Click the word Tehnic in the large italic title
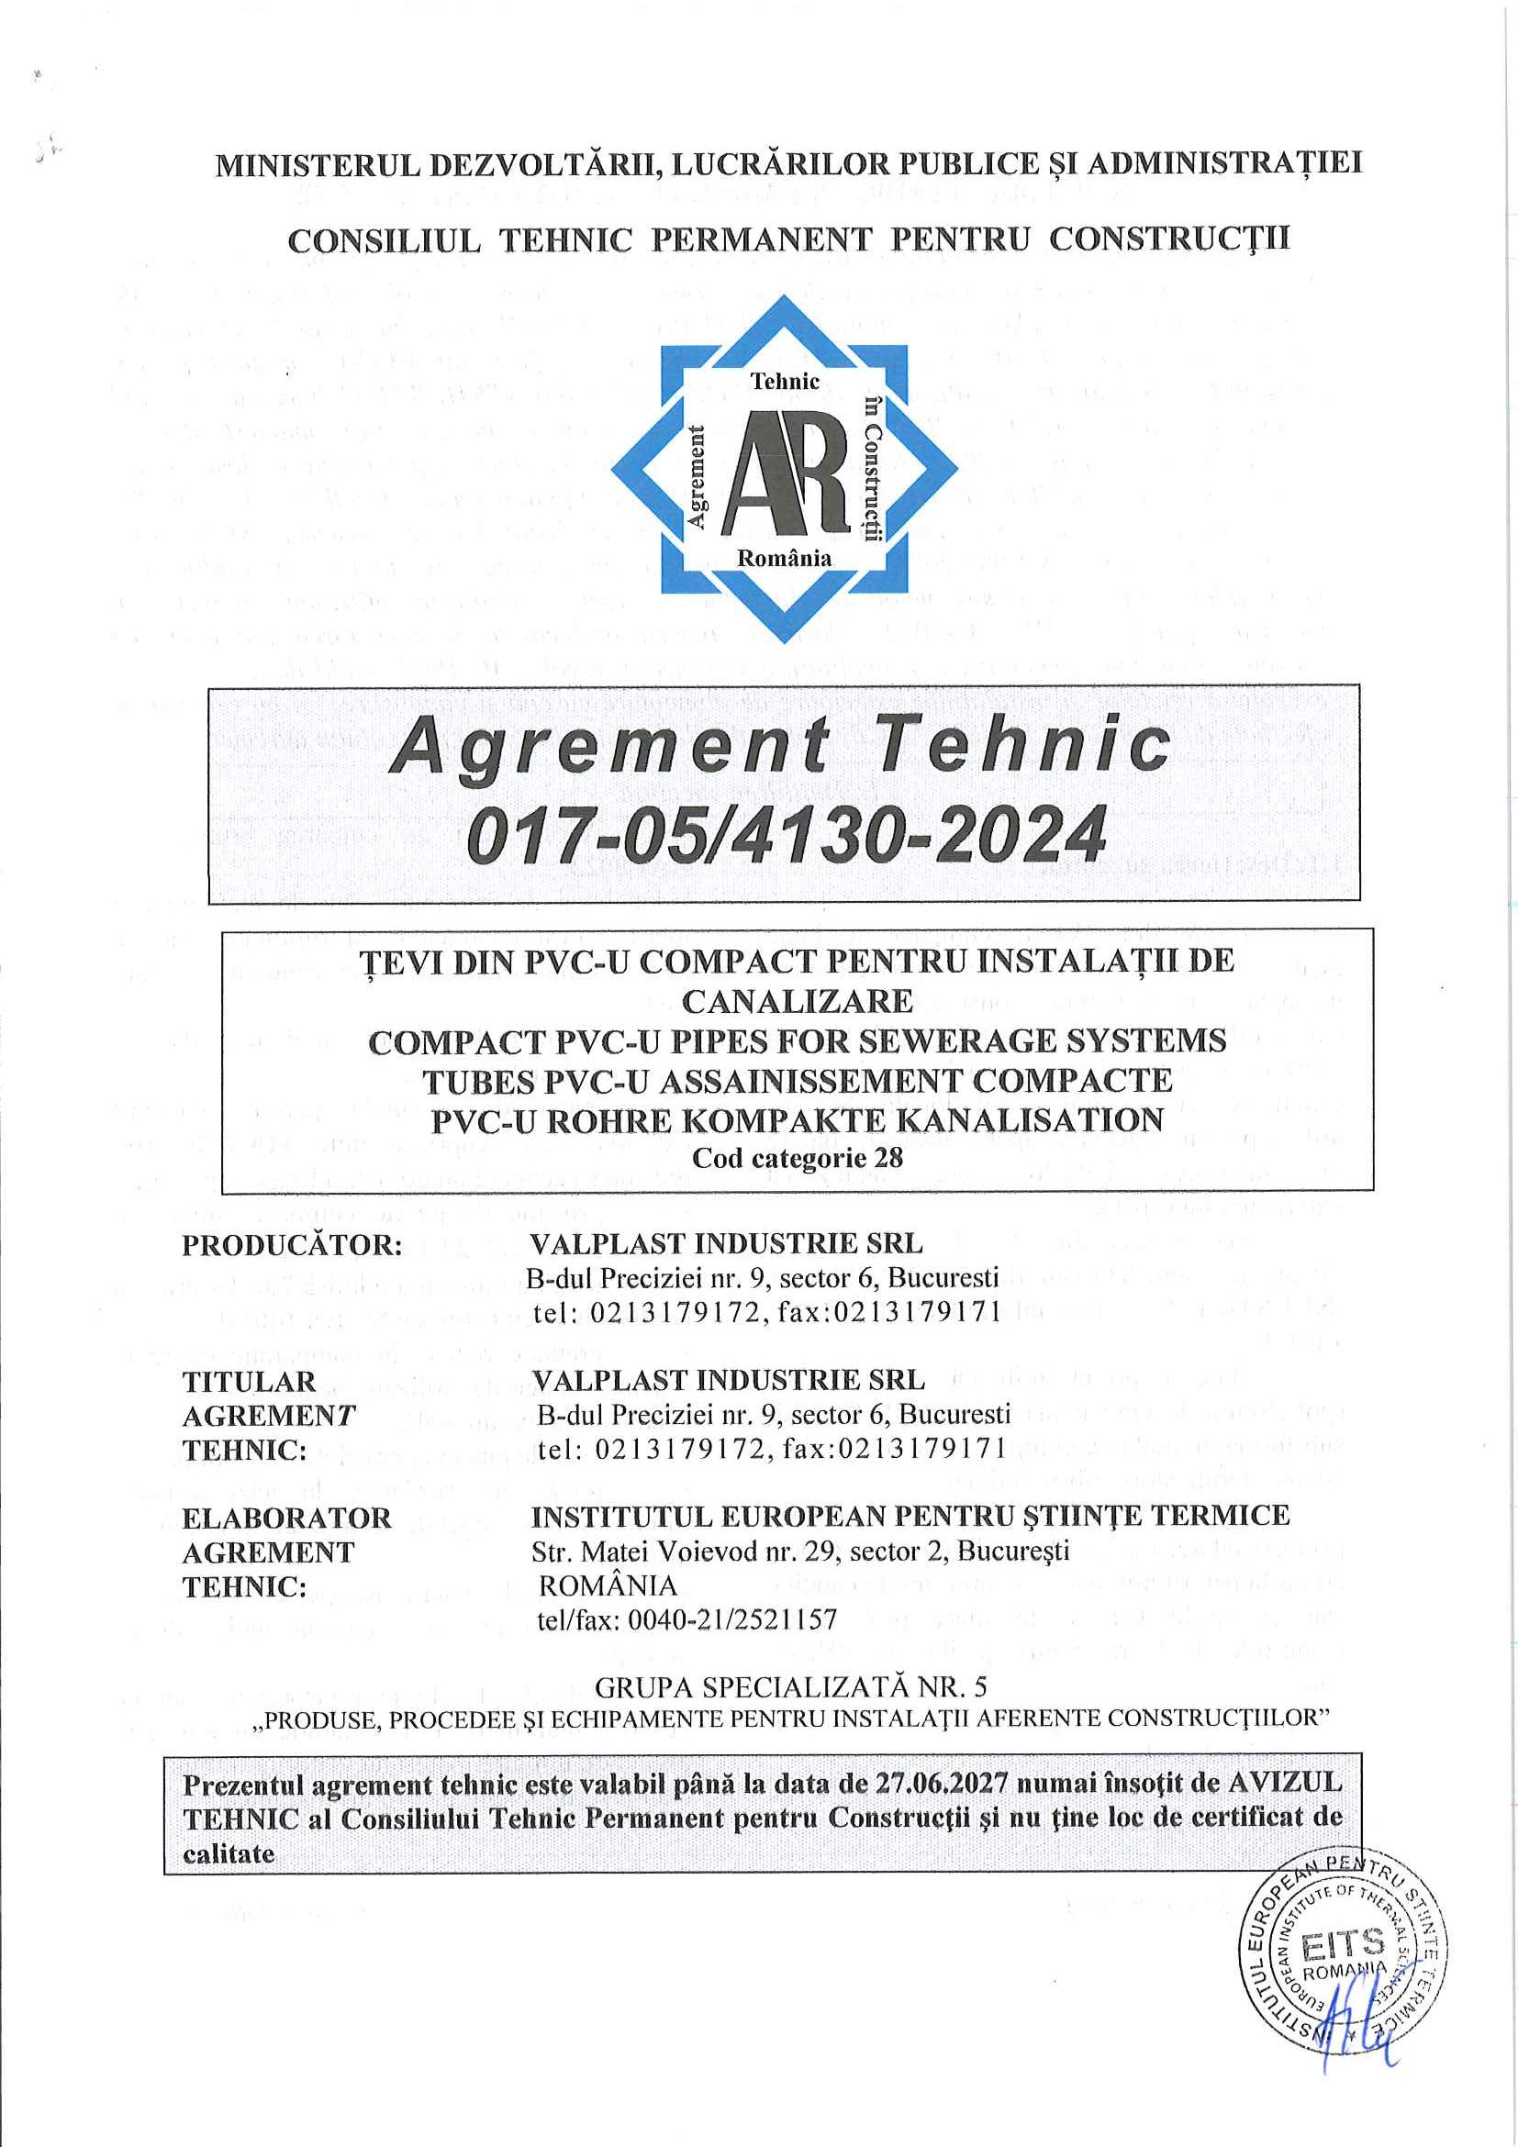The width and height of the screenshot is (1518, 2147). coord(1024,747)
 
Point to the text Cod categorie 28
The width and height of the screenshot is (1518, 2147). coord(797,1159)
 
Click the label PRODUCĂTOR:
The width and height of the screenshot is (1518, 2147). coord(292,1246)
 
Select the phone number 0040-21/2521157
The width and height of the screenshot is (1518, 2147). coord(733,1619)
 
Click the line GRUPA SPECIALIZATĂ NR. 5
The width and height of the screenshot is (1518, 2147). coord(790,1686)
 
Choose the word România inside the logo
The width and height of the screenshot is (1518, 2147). coord(784,558)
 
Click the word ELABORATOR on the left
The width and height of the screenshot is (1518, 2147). coord(286,1518)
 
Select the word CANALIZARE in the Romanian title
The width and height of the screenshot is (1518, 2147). coord(797,1002)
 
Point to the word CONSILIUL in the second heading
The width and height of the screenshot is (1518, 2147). coord(384,241)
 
